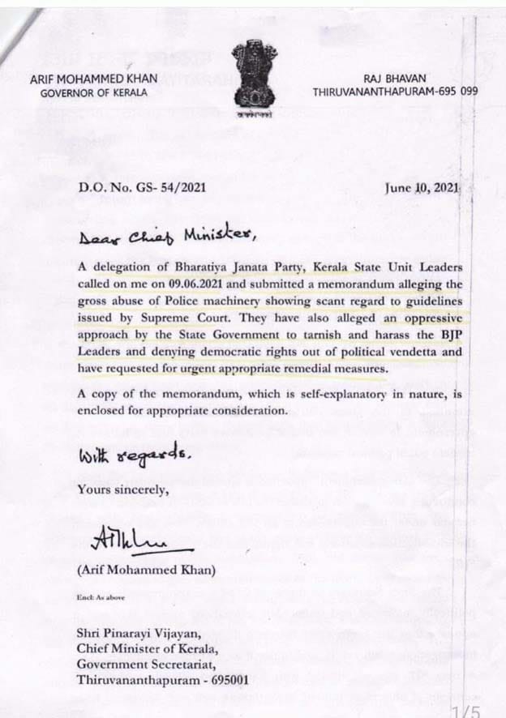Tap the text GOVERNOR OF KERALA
coord(94,92)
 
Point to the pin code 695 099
coord(457,92)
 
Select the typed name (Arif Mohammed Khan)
coord(147,570)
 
